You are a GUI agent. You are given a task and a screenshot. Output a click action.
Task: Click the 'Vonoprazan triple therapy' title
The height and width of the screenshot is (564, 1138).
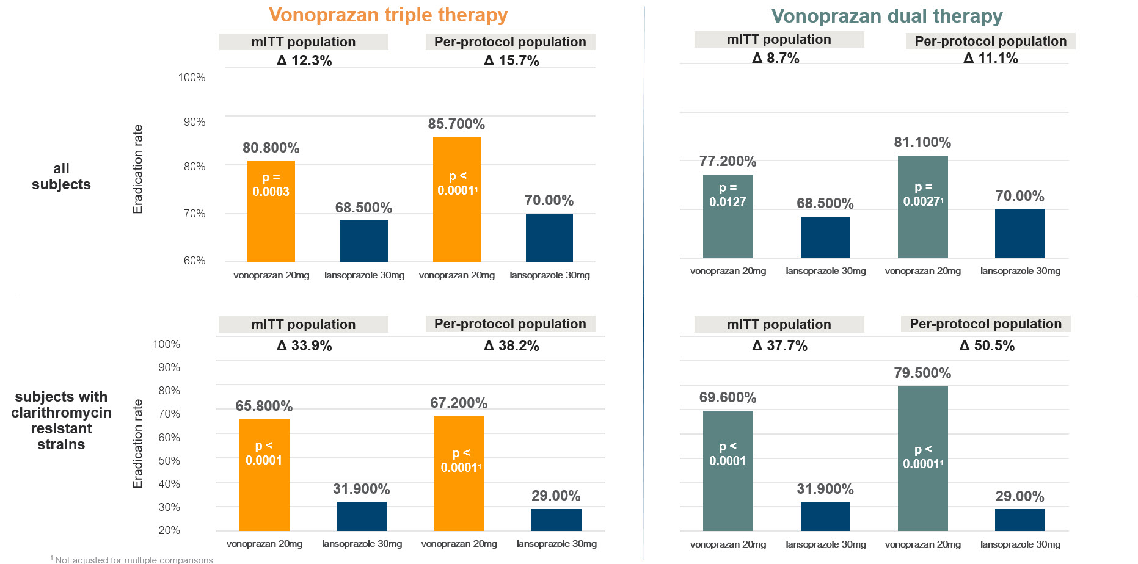pyautogui.click(x=388, y=15)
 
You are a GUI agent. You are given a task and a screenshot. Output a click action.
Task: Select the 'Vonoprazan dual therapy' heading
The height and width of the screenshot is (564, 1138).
pyautogui.click(x=886, y=16)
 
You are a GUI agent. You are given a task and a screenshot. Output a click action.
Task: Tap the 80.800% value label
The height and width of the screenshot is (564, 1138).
pyautogui.click(x=271, y=148)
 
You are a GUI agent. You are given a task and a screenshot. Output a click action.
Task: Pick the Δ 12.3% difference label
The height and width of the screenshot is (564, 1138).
pyautogui.click(x=304, y=60)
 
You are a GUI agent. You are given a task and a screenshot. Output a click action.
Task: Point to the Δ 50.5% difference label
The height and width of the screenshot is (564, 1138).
pyautogui.click(x=987, y=345)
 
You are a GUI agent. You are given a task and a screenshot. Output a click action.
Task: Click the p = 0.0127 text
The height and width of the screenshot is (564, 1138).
pyautogui.click(x=728, y=195)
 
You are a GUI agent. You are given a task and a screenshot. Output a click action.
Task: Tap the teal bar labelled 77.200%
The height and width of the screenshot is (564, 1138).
pyautogui.click(x=728, y=232)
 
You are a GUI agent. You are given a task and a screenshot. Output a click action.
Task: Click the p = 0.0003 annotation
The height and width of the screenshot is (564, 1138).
pyautogui.click(x=271, y=184)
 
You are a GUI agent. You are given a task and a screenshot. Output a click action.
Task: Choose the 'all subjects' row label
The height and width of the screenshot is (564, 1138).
pyautogui.click(x=61, y=176)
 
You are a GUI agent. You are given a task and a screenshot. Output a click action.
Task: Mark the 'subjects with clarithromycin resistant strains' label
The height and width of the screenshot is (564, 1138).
pyautogui.click(x=61, y=421)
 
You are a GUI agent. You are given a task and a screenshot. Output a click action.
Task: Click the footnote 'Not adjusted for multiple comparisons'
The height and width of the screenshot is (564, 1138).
pyautogui.click(x=133, y=559)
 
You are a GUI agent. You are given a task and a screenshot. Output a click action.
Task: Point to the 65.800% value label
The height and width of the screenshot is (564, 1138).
pyautogui.click(x=264, y=406)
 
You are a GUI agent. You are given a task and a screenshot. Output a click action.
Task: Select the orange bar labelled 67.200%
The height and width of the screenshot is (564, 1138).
pyautogui.click(x=459, y=501)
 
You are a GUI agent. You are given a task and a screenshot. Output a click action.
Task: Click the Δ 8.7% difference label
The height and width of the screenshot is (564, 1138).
pyautogui.click(x=776, y=58)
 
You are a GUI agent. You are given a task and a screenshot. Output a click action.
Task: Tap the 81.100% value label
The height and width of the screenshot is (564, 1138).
pyautogui.click(x=922, y=142)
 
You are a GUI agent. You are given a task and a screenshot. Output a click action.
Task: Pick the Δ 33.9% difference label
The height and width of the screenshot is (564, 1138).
pyautogui.click(x=304, y=345)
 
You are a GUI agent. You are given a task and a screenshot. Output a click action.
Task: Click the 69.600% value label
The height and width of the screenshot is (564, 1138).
pyautogui.click(x=728, y=397)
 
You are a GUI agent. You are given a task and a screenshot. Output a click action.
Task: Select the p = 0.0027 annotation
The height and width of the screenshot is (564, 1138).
pyautogui.click(x=922, y=194)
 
